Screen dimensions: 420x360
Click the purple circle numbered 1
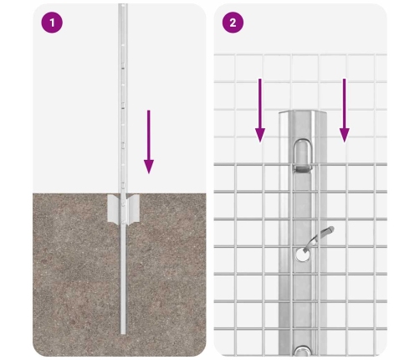[x=52, y=23]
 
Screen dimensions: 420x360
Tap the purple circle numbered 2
[x=233, y=23]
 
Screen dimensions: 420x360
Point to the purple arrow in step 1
[x=149, y=141]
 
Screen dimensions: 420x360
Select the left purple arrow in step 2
[x=260, y=111]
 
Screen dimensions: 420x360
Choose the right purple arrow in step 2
[x=345, y=111]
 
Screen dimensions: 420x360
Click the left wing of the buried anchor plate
[x=114, y=209]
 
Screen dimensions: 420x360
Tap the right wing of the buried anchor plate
[x=132, y=209]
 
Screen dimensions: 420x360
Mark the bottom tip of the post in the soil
[x=123, y=333]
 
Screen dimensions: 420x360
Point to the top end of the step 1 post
[x=123, y=4]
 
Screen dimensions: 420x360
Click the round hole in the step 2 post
[x=303, y=255]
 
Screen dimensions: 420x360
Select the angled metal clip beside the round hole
[x=319, y=238]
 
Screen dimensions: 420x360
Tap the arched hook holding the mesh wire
[x=303, y=154]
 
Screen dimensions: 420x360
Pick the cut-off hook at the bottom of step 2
[x=303, y=351]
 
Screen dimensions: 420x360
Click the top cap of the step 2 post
[x=303, y=112]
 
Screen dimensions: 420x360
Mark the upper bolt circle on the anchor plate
[x=123, y=204]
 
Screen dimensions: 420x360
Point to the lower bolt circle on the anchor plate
[x=123, y=222]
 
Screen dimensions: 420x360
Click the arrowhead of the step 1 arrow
[x=149, y=167]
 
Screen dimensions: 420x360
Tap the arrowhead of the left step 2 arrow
[x=260, y=136]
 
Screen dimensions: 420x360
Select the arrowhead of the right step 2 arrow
[x=345, y=136]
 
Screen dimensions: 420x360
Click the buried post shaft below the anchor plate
[x=123, y=279]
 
